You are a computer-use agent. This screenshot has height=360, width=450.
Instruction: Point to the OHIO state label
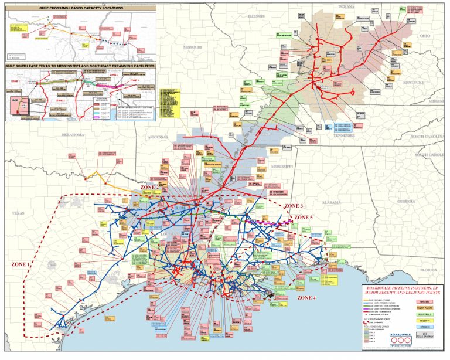(424, 36)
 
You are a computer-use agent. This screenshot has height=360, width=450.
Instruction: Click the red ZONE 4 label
(307, 298)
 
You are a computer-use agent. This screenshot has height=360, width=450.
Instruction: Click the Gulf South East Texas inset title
(80, 66)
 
